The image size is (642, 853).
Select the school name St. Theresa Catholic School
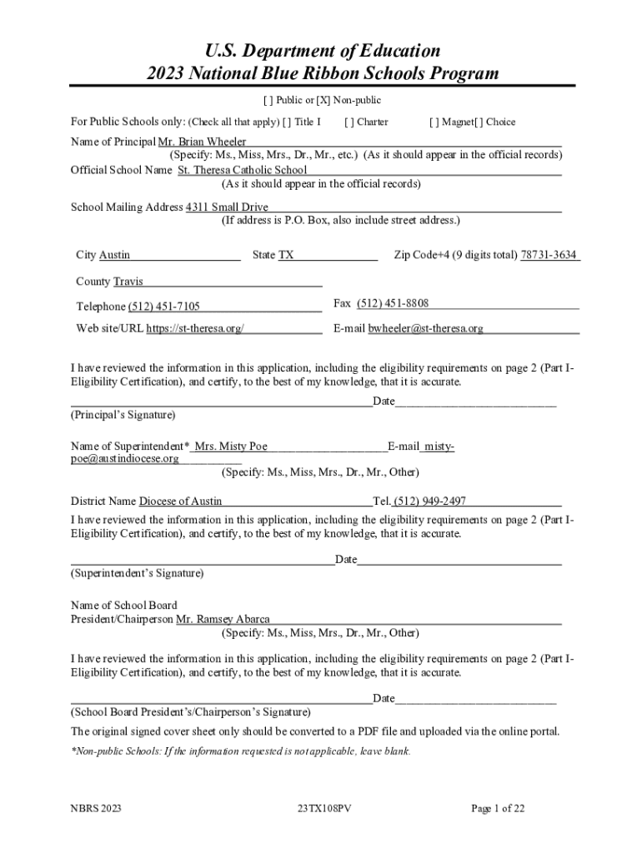(243, 170)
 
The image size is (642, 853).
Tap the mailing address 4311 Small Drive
(227, 207)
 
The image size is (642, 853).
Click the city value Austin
(114, 255)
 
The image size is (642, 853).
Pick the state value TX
(286, 255)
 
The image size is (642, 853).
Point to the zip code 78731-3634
(549, 255)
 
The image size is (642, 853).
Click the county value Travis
(128, 282)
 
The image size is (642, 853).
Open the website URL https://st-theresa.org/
(195, 328)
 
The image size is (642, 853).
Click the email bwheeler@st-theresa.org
(426, 328)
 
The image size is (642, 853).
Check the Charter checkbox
(348, 122)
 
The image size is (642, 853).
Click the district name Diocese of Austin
(180, 501)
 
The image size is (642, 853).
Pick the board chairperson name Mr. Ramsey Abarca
(223, 619)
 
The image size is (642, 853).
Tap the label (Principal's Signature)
(123, 414)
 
